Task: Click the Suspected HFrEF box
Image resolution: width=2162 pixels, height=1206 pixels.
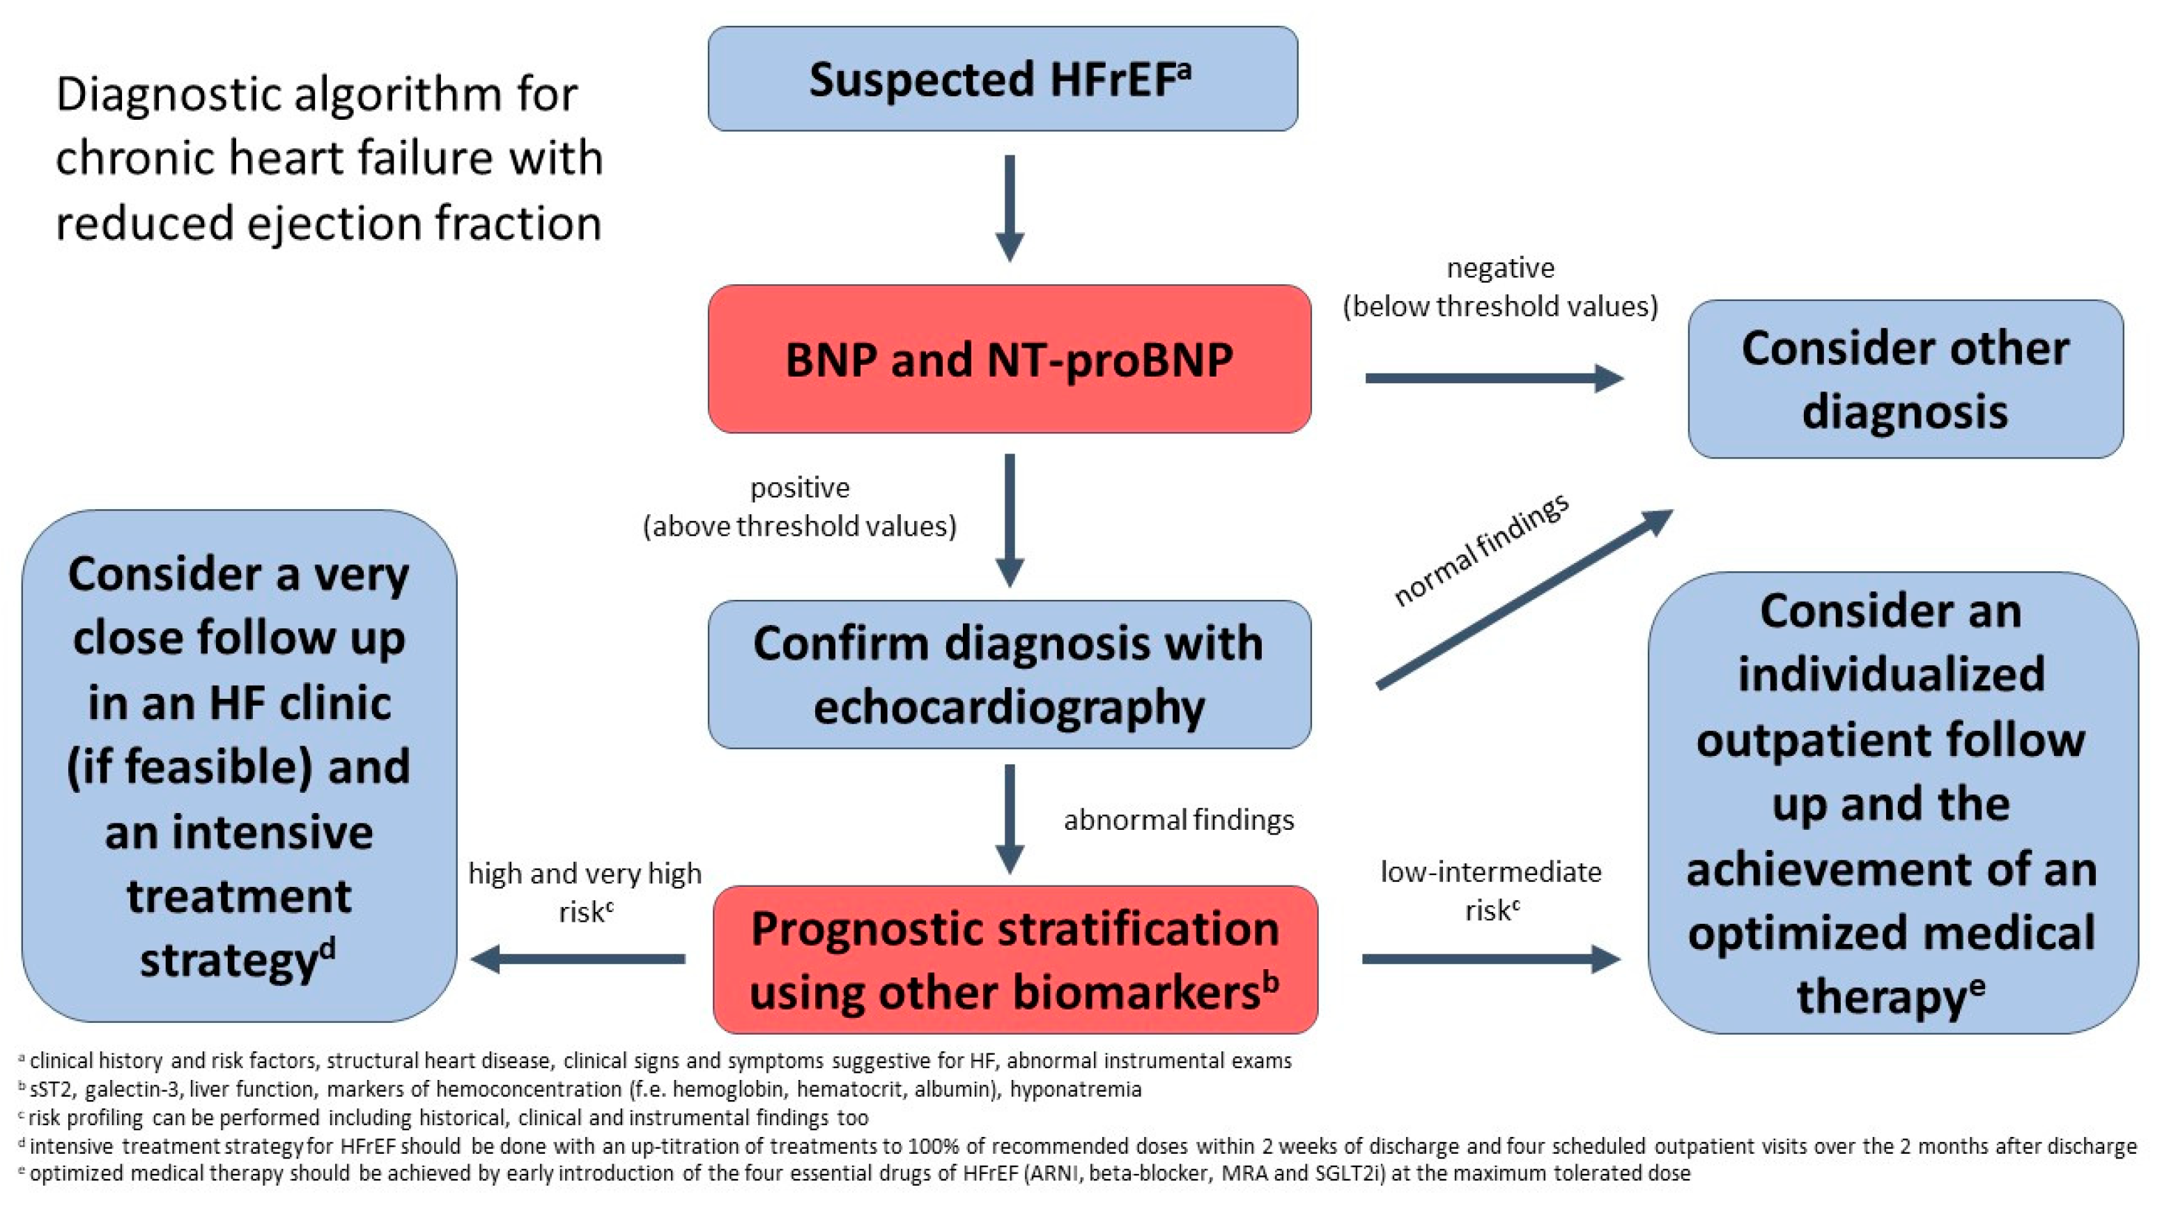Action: pos(1002,79)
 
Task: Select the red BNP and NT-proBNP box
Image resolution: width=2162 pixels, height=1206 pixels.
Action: pos(1009,360)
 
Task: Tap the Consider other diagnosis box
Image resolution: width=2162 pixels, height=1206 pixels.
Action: pos(1905,379)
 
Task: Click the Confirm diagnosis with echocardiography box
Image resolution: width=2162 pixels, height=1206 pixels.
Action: pos(1009,674)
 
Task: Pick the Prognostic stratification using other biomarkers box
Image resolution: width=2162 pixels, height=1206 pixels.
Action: pos(1014,959)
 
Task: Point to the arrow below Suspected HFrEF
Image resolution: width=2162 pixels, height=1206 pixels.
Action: pos(1010,208)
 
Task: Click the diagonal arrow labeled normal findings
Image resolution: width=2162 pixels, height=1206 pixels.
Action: pos(1523,600)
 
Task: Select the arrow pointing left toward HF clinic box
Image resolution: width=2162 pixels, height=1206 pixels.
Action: pos(579,959)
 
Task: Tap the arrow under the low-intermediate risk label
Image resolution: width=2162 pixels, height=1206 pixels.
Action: pos(1490,959)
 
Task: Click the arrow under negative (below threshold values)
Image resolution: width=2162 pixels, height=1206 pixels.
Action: pos(1494,378)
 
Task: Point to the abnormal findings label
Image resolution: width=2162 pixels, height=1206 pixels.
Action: pos(1178,820)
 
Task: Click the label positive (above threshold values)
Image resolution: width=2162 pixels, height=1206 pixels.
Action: pos(799,507)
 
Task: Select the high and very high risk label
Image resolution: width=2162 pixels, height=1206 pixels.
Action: pos(585,891)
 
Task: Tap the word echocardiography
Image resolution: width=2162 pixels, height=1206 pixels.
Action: pos(1009,707)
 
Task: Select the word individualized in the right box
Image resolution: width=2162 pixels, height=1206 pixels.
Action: pos(1891,674)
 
